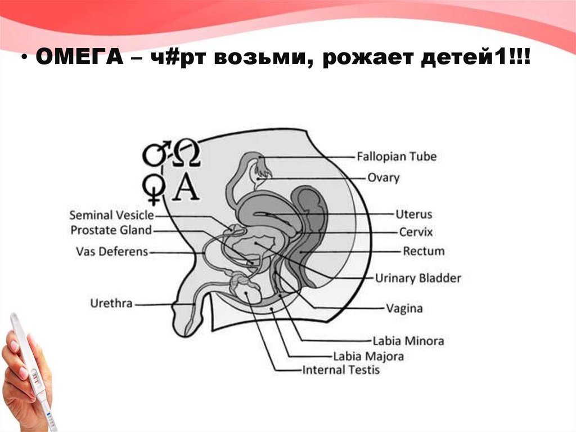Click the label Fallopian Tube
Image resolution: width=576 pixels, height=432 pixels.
tap(397, 156)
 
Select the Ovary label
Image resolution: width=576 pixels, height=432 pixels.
tap(383, 178)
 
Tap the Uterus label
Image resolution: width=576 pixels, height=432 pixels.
tap(413, 215)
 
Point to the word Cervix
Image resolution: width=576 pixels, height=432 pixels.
tap(416, 232)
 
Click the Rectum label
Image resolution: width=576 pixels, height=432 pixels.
tap(424, 251)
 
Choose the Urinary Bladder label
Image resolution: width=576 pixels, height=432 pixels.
tap(418, 278)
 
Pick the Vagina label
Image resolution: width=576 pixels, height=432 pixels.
tap(404, 309)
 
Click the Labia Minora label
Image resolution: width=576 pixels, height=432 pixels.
tap(408, 341)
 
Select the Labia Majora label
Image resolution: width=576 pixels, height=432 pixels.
tap(368, 356)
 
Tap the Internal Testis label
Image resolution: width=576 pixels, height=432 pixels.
tap(341, 370)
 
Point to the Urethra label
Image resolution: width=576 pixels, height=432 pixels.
tap(111, 304)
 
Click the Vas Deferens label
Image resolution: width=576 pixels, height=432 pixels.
tap(111, 251)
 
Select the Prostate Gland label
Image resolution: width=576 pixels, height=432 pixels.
tap(111, 230)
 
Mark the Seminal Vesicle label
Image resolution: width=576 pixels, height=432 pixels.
tap(111, 215)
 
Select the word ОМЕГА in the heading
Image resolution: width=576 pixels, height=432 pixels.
tap(78, 59)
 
